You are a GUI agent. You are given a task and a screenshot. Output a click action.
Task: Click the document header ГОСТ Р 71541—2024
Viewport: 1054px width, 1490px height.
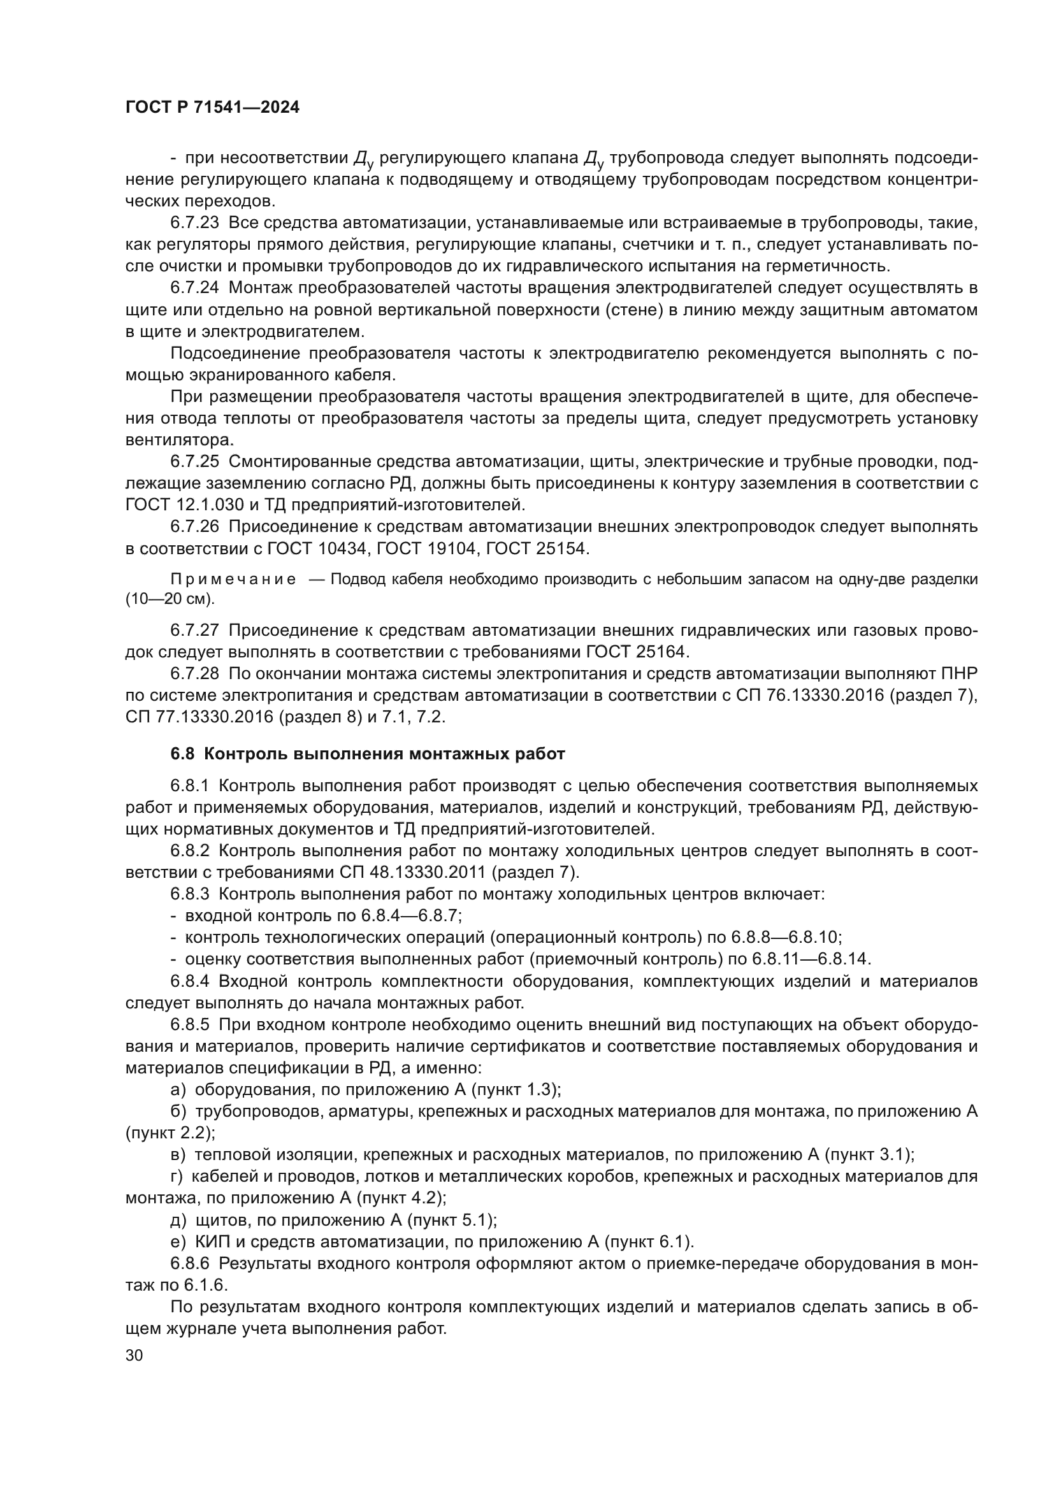[212, 108]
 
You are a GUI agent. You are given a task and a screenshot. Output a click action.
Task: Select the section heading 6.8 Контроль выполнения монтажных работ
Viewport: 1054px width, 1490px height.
[367, 754]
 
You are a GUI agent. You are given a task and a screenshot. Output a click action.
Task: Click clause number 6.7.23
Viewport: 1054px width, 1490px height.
[195, 222]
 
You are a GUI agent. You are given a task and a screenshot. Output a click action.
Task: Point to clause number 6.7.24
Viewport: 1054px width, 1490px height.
[195, 287]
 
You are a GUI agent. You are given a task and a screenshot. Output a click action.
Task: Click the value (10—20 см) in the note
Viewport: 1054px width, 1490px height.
[170, 599]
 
